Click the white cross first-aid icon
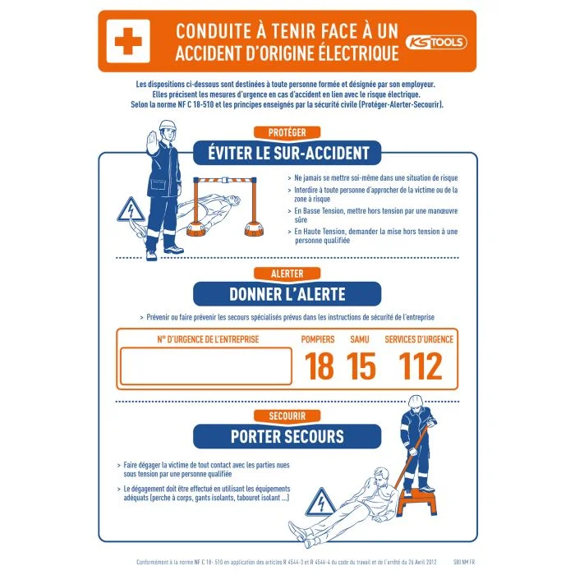pos(129,42)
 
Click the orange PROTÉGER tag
pos(287,132)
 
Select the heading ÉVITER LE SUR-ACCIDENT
pos(287,153)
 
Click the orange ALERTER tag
pos(287,274)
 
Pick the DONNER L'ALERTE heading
pos(287,294)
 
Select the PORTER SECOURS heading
pos(287,435)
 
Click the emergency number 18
pos(320,366)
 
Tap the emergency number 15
pos(361,366)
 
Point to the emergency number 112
pos(420,366)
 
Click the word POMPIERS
pos(318,339)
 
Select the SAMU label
pos(360,339)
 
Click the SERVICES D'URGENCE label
pos(419,339)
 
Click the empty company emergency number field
pos(206,367)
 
